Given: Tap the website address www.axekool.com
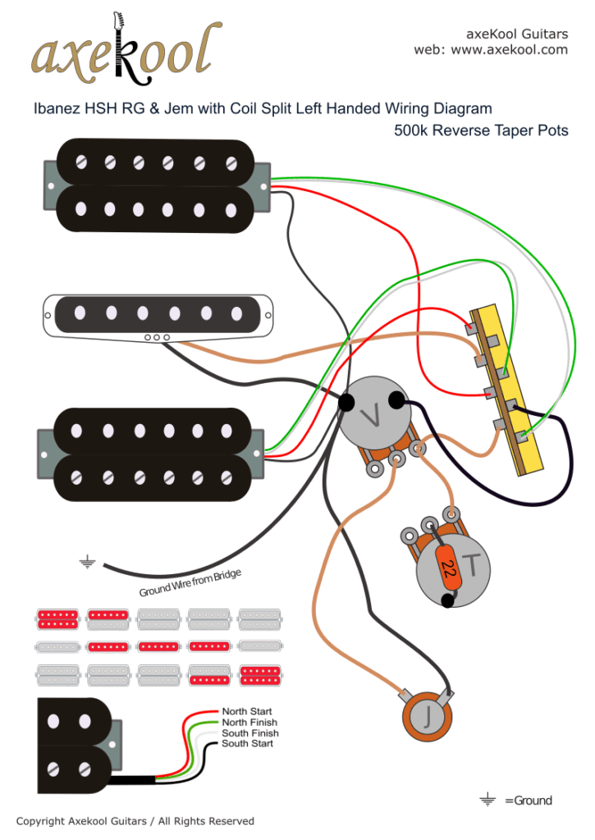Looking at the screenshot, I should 509,49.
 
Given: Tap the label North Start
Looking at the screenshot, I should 247,711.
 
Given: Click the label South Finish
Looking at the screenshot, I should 249,733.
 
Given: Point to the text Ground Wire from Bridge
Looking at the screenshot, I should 190,582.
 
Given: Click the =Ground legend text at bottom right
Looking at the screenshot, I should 528,801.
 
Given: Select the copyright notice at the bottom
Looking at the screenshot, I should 135,821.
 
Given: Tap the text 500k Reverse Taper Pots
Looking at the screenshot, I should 481,130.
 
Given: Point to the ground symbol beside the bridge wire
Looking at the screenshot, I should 86,562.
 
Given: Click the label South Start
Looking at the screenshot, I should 247,743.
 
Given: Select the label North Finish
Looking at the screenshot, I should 249,722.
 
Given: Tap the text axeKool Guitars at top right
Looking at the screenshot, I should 517,34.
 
